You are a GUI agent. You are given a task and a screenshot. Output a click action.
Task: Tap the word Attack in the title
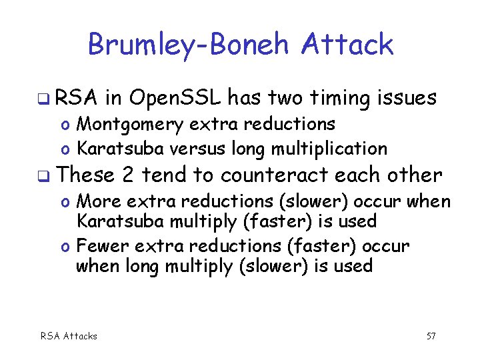point(347,45)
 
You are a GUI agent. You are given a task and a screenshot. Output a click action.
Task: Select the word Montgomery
point(125,124)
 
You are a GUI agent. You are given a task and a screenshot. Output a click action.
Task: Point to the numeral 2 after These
point(129,175)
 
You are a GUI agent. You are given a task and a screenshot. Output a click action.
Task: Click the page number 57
point(431,336)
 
